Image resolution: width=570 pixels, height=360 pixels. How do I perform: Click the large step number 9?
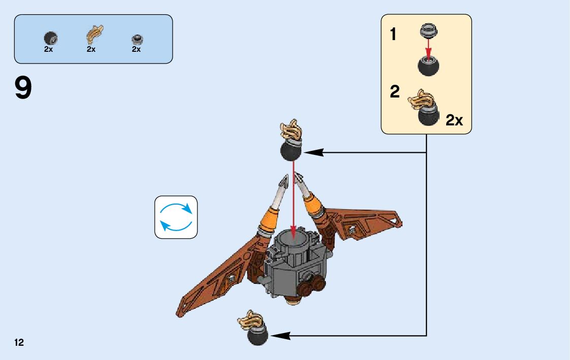pyautogui.click(x=23, y=88)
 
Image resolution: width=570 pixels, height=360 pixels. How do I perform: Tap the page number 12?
pyautogui.click(x=19, y=343)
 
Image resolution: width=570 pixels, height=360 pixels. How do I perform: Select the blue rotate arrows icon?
pyautogui.click(x=176, y=217)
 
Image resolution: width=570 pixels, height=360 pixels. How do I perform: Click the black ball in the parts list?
pyautogui.click(x=50, y=38)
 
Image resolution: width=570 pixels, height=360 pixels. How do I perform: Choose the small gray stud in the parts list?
pyautogui.click(x=137, y=39)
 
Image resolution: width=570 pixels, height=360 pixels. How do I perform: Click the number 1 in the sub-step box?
pyautogui.click(x=393, y=35)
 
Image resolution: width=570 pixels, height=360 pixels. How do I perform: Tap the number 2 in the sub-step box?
pyautogui.click(x=394, y=92)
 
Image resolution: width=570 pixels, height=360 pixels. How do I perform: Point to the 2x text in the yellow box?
pyautogui.click(x=454, y=120)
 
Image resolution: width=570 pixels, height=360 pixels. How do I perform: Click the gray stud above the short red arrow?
pyautogui.click(x=428, y=31)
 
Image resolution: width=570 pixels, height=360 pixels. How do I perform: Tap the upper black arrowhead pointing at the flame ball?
pyautogui.click(x=314, y=152)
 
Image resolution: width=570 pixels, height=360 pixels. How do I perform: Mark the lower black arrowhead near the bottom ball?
pyautogui.click(x=281, y=336)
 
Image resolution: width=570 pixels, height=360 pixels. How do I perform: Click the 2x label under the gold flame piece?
pyautogui.click(x=91, y=49)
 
